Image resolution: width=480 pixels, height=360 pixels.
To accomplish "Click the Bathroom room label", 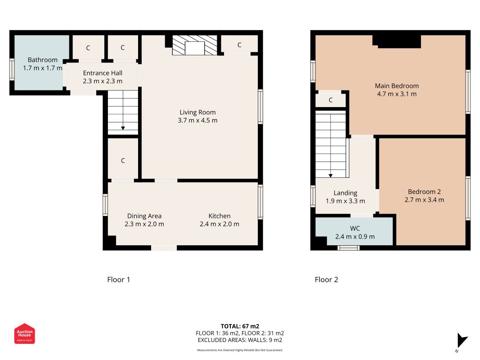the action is click(x=43, y=60).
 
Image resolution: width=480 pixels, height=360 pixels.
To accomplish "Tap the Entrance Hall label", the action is click(x=103, y=73).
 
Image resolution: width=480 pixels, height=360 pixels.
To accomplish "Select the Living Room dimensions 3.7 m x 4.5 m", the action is click(x=198, y=121).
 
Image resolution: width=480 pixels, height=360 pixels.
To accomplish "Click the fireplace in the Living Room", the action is click(x=195, y=45).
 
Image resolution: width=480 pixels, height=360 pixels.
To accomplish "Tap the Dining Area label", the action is click(x=144, y=216).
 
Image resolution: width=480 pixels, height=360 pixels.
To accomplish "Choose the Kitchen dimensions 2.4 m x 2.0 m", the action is click(x=220, y=224).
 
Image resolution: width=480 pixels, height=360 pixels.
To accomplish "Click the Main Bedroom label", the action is click(x=397, y=86).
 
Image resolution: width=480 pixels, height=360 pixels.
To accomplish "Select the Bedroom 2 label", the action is click(x=424, y=192).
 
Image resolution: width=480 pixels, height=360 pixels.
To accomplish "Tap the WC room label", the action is click(x=355, y=228).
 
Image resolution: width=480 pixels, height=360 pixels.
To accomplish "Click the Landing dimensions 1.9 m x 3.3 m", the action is click(x=345, y=201).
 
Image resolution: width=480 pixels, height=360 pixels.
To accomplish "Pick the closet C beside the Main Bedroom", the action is click(x=331, y=100).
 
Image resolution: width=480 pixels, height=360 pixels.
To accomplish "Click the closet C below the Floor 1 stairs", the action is click(x=123, y=161).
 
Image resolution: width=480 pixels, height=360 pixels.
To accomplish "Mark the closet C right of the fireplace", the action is click(x=239, y=45).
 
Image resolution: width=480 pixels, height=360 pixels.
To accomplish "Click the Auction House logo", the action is click(x=24, y=333).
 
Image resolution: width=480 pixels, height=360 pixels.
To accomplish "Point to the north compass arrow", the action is click(x=462, y=341).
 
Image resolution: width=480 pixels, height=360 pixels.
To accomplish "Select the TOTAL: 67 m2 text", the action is click(x=240, y=326).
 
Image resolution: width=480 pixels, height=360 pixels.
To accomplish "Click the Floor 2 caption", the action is click(x=326, y=279).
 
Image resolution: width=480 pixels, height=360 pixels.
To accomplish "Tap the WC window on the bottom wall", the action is click(x=348, y=248).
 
